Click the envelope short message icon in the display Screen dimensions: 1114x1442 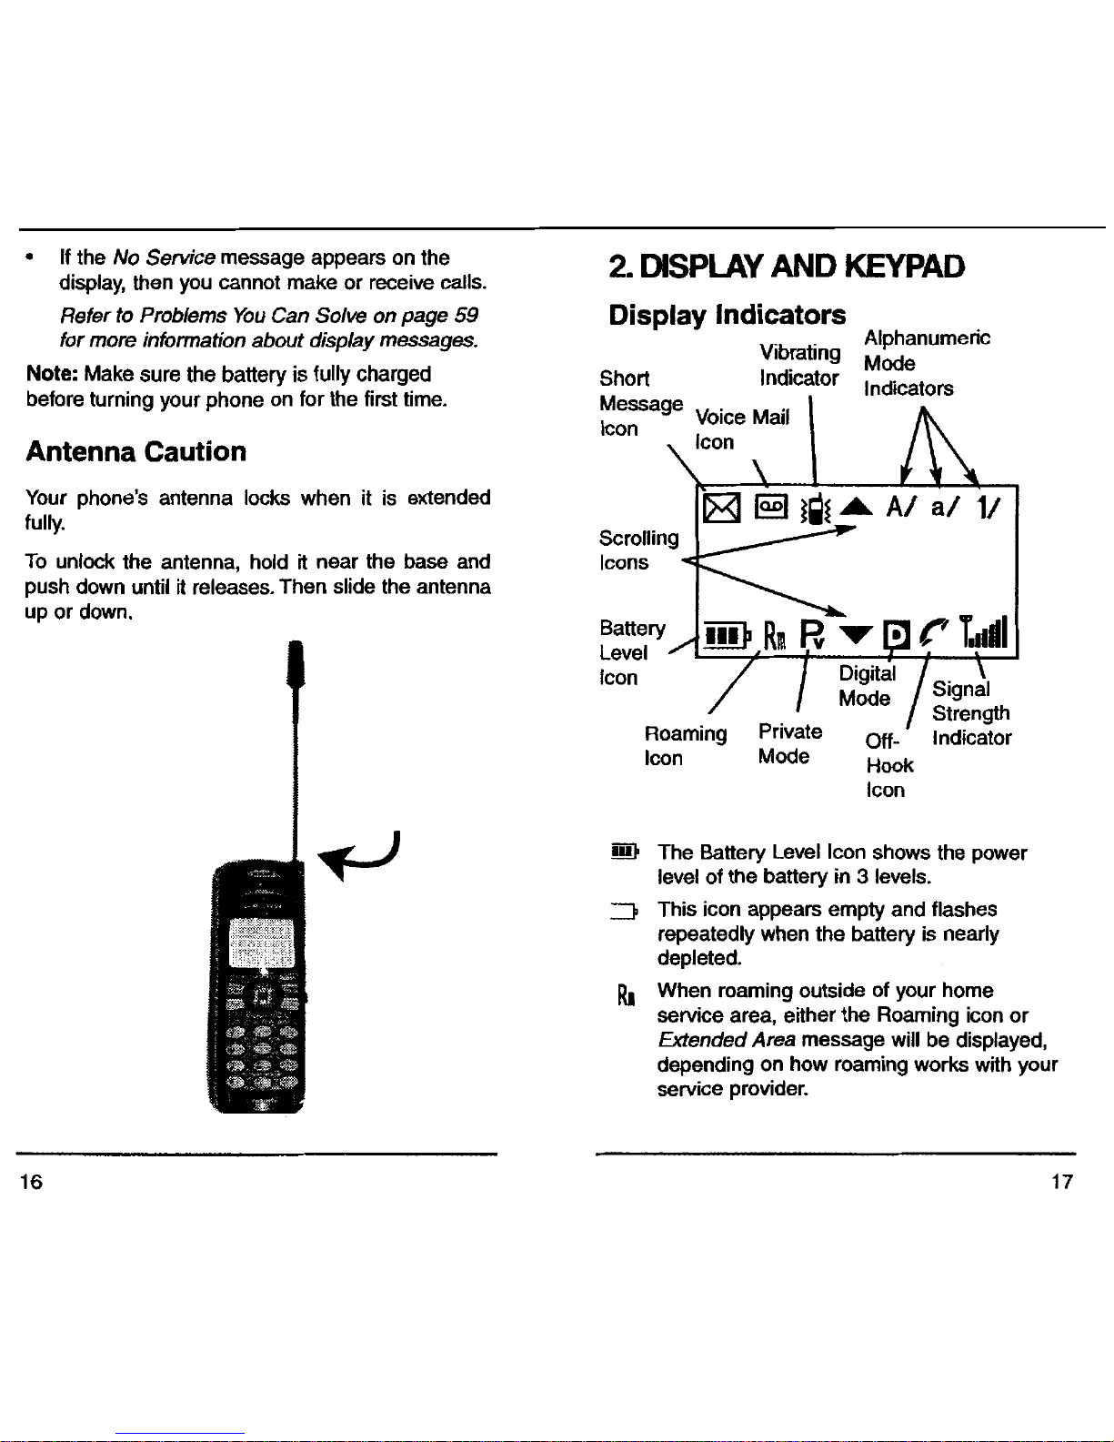click(x=721, y=509)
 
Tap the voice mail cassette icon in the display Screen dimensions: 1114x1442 click(x=771, y=507)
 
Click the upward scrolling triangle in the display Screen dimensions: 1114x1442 click(x=857, y=507)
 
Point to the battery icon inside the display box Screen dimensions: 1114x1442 click(x=727, y=635)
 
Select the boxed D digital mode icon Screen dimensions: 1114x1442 click(x=896, y=634)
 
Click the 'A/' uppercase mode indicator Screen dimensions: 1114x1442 click(x=902, y=507)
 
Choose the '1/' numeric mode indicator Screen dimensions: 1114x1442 click(x=988, y=507)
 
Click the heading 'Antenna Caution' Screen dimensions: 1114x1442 click(x=135, y=451)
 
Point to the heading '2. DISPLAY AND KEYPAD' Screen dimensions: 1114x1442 click(x=787, y=266)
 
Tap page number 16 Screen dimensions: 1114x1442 click(x=31, y=1181)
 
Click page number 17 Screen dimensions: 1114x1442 click(x=1062, y=1181)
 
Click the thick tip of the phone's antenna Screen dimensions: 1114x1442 click(x=296, y=663)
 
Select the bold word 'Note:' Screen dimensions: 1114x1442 click(x=53, y=374)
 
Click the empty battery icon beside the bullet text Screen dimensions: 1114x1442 click(x=624, y=911)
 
